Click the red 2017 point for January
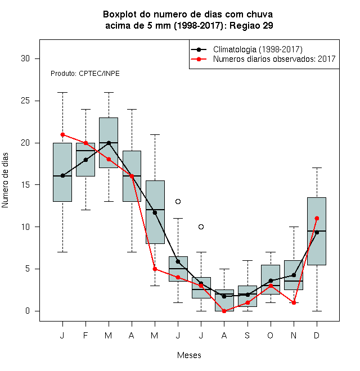click(x=62, y=135)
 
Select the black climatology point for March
click(x=109, y=143)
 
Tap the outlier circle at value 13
click(x=178, y=202)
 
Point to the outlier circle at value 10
click(x=201, y=227)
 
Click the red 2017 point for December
click(x=317, y=219)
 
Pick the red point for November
click(x=294, y=302)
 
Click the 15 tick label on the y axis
click(x=25, y=185)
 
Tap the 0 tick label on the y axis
click(x=28, y=311)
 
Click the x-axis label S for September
click(x=247, y=335)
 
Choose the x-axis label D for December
click(x=317, y=335)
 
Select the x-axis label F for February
click(x=85, y=335)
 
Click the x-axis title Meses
click(x=189, y=355)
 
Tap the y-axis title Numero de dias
click(x=5, y=180)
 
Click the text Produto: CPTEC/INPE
click(x=85, y=74)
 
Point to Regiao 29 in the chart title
click(x=251, y=25)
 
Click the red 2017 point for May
click(x=155, y=269)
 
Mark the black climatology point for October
click(x=271, y=280)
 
